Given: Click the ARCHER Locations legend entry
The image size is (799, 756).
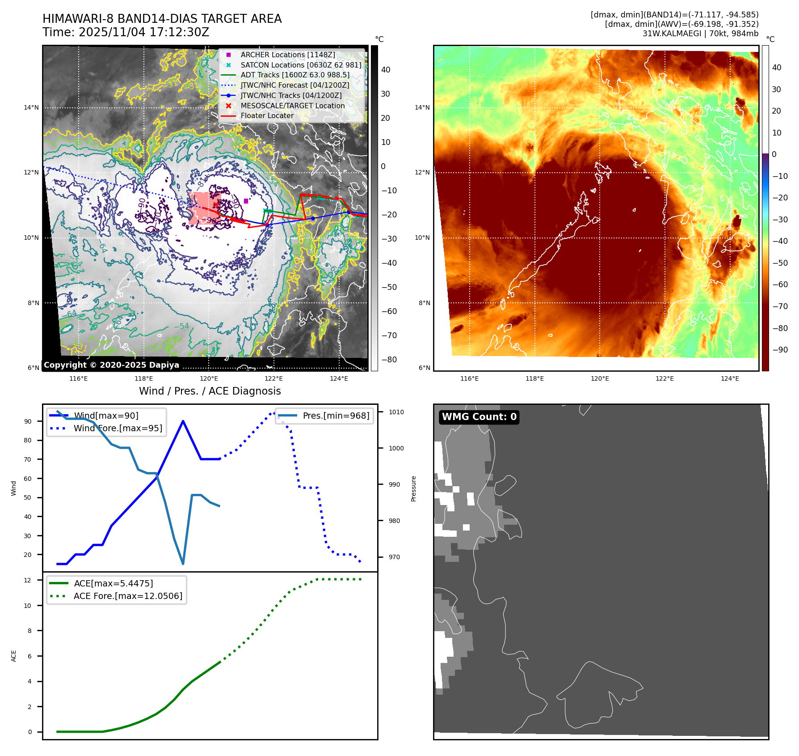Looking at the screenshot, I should [x=287, y=55].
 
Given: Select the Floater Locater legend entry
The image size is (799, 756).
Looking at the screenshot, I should [x=267, y=115].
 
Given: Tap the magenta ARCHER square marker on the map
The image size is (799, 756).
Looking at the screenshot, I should [x=246, y=201].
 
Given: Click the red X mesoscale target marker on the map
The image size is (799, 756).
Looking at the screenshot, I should [x=216, y=205].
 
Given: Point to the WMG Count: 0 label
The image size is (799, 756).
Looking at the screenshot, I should [x=479, y=417].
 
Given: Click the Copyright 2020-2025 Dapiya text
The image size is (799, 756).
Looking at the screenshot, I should [x=111, y=365].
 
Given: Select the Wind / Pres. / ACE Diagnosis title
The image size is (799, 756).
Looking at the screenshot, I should [x=210, y=391].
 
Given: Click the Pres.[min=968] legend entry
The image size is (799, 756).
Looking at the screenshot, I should [x=336, y=416].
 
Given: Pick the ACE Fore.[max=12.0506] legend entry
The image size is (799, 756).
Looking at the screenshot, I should [x=128, y=596].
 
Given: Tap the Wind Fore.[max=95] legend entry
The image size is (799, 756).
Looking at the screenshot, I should [x=118, y=428].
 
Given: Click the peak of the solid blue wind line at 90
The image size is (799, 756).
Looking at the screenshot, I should [x=183, y=421].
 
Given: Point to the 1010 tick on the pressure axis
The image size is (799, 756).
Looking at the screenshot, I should [x=396, y=412].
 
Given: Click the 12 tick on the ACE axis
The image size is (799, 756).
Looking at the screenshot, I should [x=28, y=580].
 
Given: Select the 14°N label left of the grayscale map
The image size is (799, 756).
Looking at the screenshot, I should [x=31, y=107].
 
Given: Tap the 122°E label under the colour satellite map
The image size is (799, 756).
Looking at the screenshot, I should [x=664, y=378].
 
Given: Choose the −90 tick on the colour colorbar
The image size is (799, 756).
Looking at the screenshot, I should [x=780, y=350].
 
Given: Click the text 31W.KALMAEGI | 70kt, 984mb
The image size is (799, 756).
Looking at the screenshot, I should [x=700, y=34].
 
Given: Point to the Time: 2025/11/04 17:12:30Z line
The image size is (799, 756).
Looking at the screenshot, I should [x=126, y=32].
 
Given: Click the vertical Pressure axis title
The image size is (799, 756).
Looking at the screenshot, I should [x=413, y=488].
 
